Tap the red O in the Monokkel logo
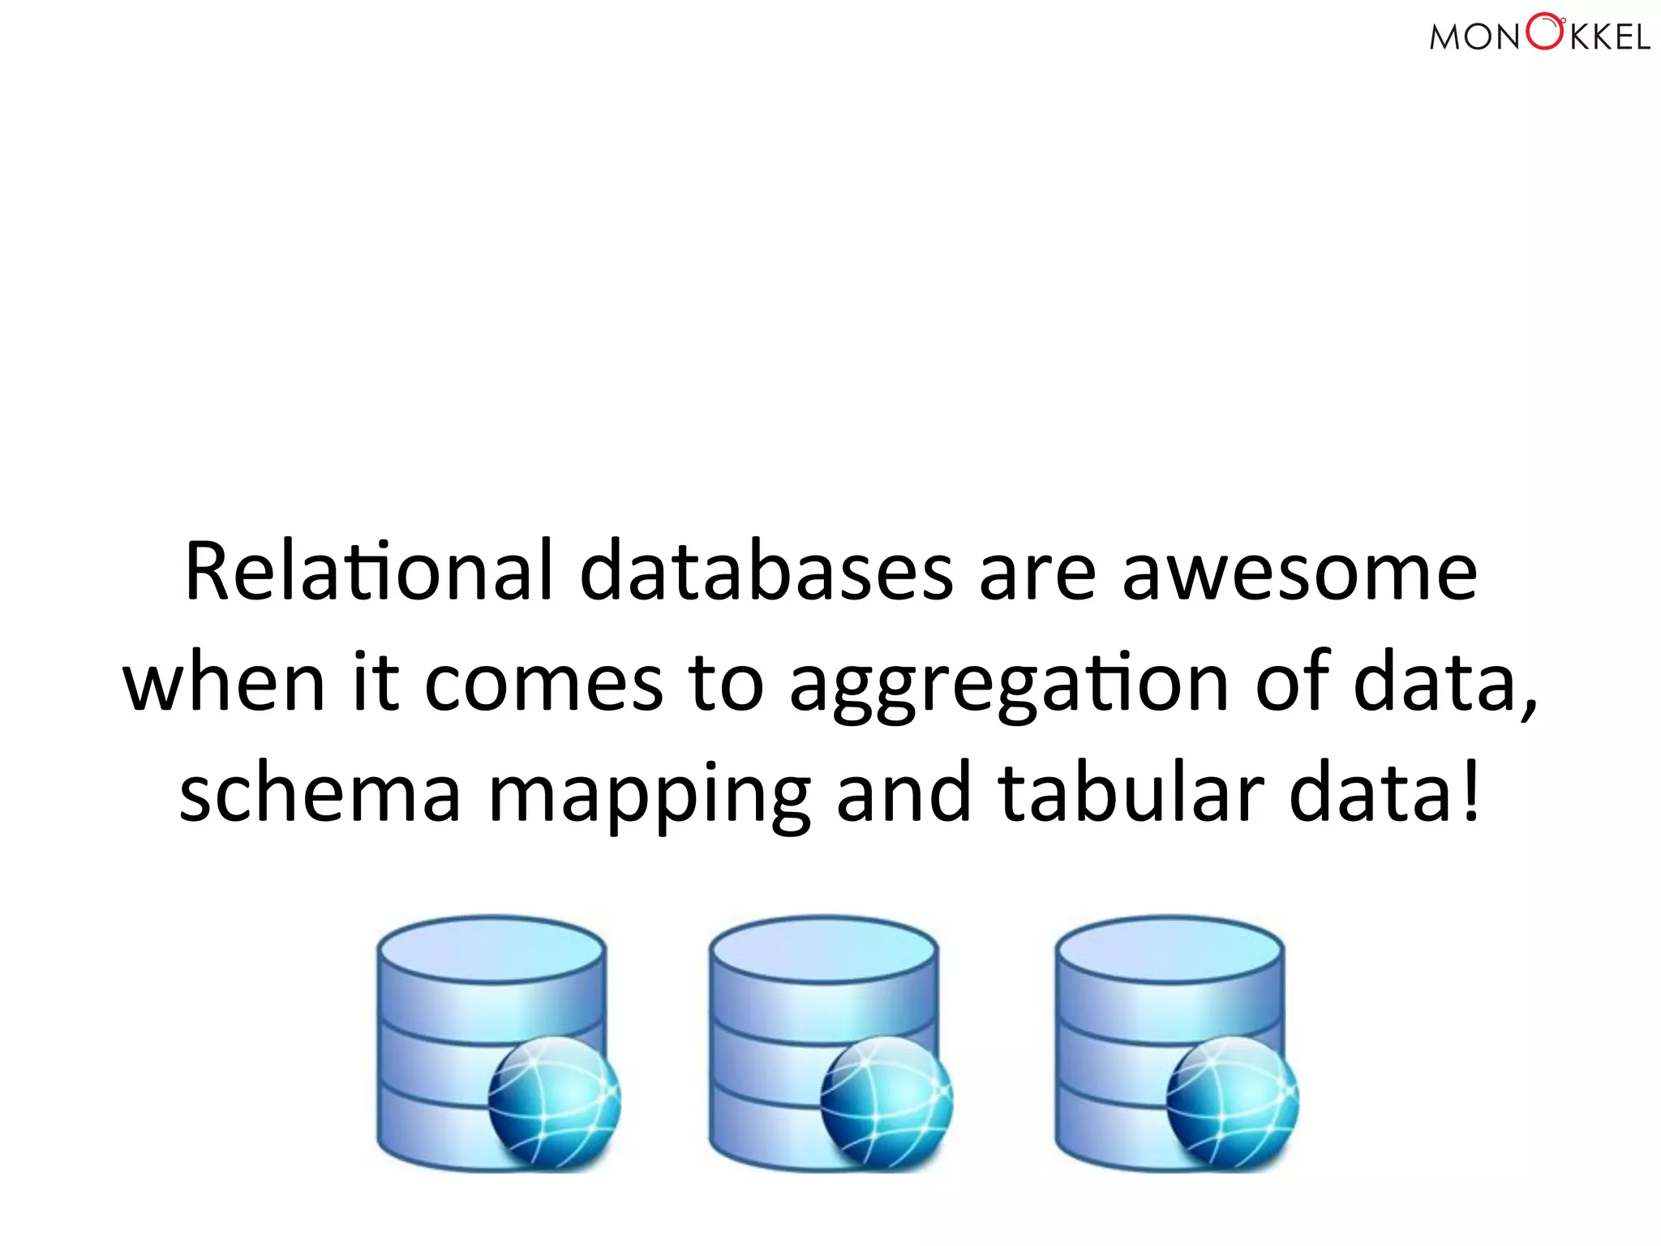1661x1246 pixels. (x=1544, y=32)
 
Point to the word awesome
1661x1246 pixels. (x=1299, y=573)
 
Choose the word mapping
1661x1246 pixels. (x=649, y=797)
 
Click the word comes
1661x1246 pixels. (x=543, y=683)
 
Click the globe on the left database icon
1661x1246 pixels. (x=555, y=1102)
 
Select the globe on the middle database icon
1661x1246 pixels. (x=886, y=1102)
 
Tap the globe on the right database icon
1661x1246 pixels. (x=1233, y=1102)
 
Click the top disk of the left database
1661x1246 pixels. (x=491, y=949)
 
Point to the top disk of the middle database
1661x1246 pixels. (x=823, y=949)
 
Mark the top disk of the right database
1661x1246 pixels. (x=1170, y=949)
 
